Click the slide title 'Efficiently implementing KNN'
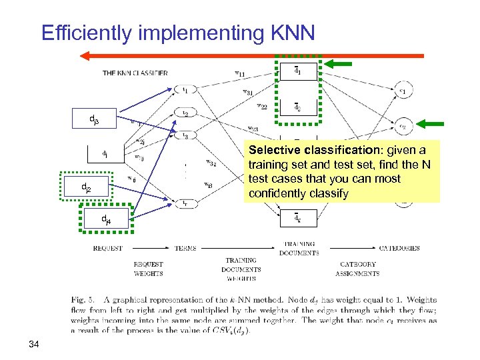(x=177, y=33)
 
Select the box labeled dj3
(x=94, y=120)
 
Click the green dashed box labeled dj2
(x=87, y=189)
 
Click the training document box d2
(x=297, y=107)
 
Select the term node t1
(x=185, y=89)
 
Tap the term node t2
(x=185, y=113)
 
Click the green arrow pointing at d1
(x=341, y=64)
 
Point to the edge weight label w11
(x=239, y=73)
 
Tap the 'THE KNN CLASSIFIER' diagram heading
(x=135, y=73)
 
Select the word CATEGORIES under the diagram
(x=399, y=248)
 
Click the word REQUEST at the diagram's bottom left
(x=107, y=248)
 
